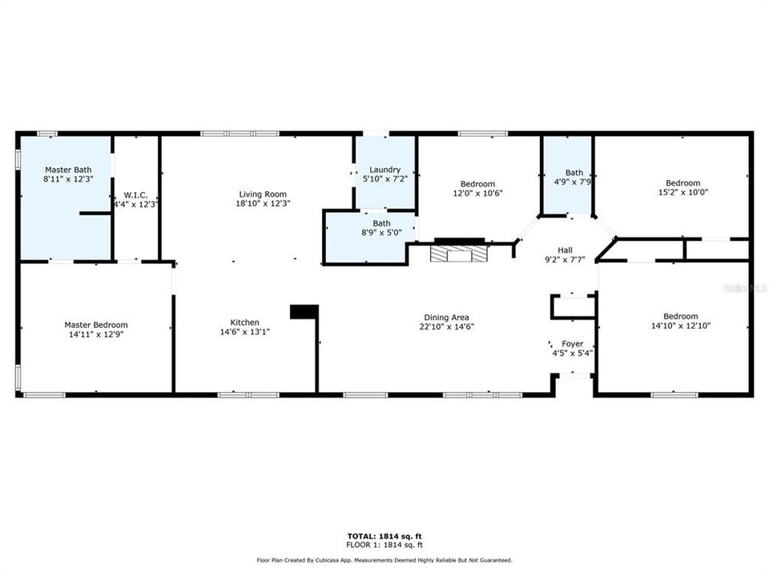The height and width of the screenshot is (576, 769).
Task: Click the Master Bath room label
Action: coord(68,170)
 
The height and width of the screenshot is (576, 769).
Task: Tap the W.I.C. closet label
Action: coord(135,195)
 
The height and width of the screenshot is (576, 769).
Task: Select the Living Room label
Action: coord(263,194)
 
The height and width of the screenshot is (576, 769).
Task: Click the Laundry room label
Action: coord(385,170)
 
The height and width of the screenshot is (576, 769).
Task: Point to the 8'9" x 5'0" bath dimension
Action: coord(381,233)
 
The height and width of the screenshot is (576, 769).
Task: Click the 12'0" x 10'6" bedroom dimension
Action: coord(477,193)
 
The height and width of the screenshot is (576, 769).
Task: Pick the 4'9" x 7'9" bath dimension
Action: coord(572,182)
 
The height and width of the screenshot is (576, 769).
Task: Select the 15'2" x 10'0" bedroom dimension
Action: coord(682,193)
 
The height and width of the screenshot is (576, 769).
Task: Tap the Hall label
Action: coord(565,250)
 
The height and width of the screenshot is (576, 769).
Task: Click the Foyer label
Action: coord(572,344)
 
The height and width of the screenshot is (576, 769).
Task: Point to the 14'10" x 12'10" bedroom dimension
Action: coord(681,326)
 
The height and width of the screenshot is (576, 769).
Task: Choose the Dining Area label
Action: coord(446,318)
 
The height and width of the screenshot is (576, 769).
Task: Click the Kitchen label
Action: coord(245,322)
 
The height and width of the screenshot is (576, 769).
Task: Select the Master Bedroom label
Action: coord(96,325)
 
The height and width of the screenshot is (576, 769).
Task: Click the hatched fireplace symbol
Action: coord(459,254)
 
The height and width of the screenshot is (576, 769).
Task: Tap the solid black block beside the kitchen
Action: coord(304,312)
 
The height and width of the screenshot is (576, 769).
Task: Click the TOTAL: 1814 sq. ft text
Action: coord(384,536)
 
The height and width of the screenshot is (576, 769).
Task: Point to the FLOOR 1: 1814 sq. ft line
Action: coord(384,545)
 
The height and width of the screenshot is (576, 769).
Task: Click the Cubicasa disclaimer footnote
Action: coord(384,560)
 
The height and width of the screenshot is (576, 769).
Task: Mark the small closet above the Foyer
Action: coord(574,307)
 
